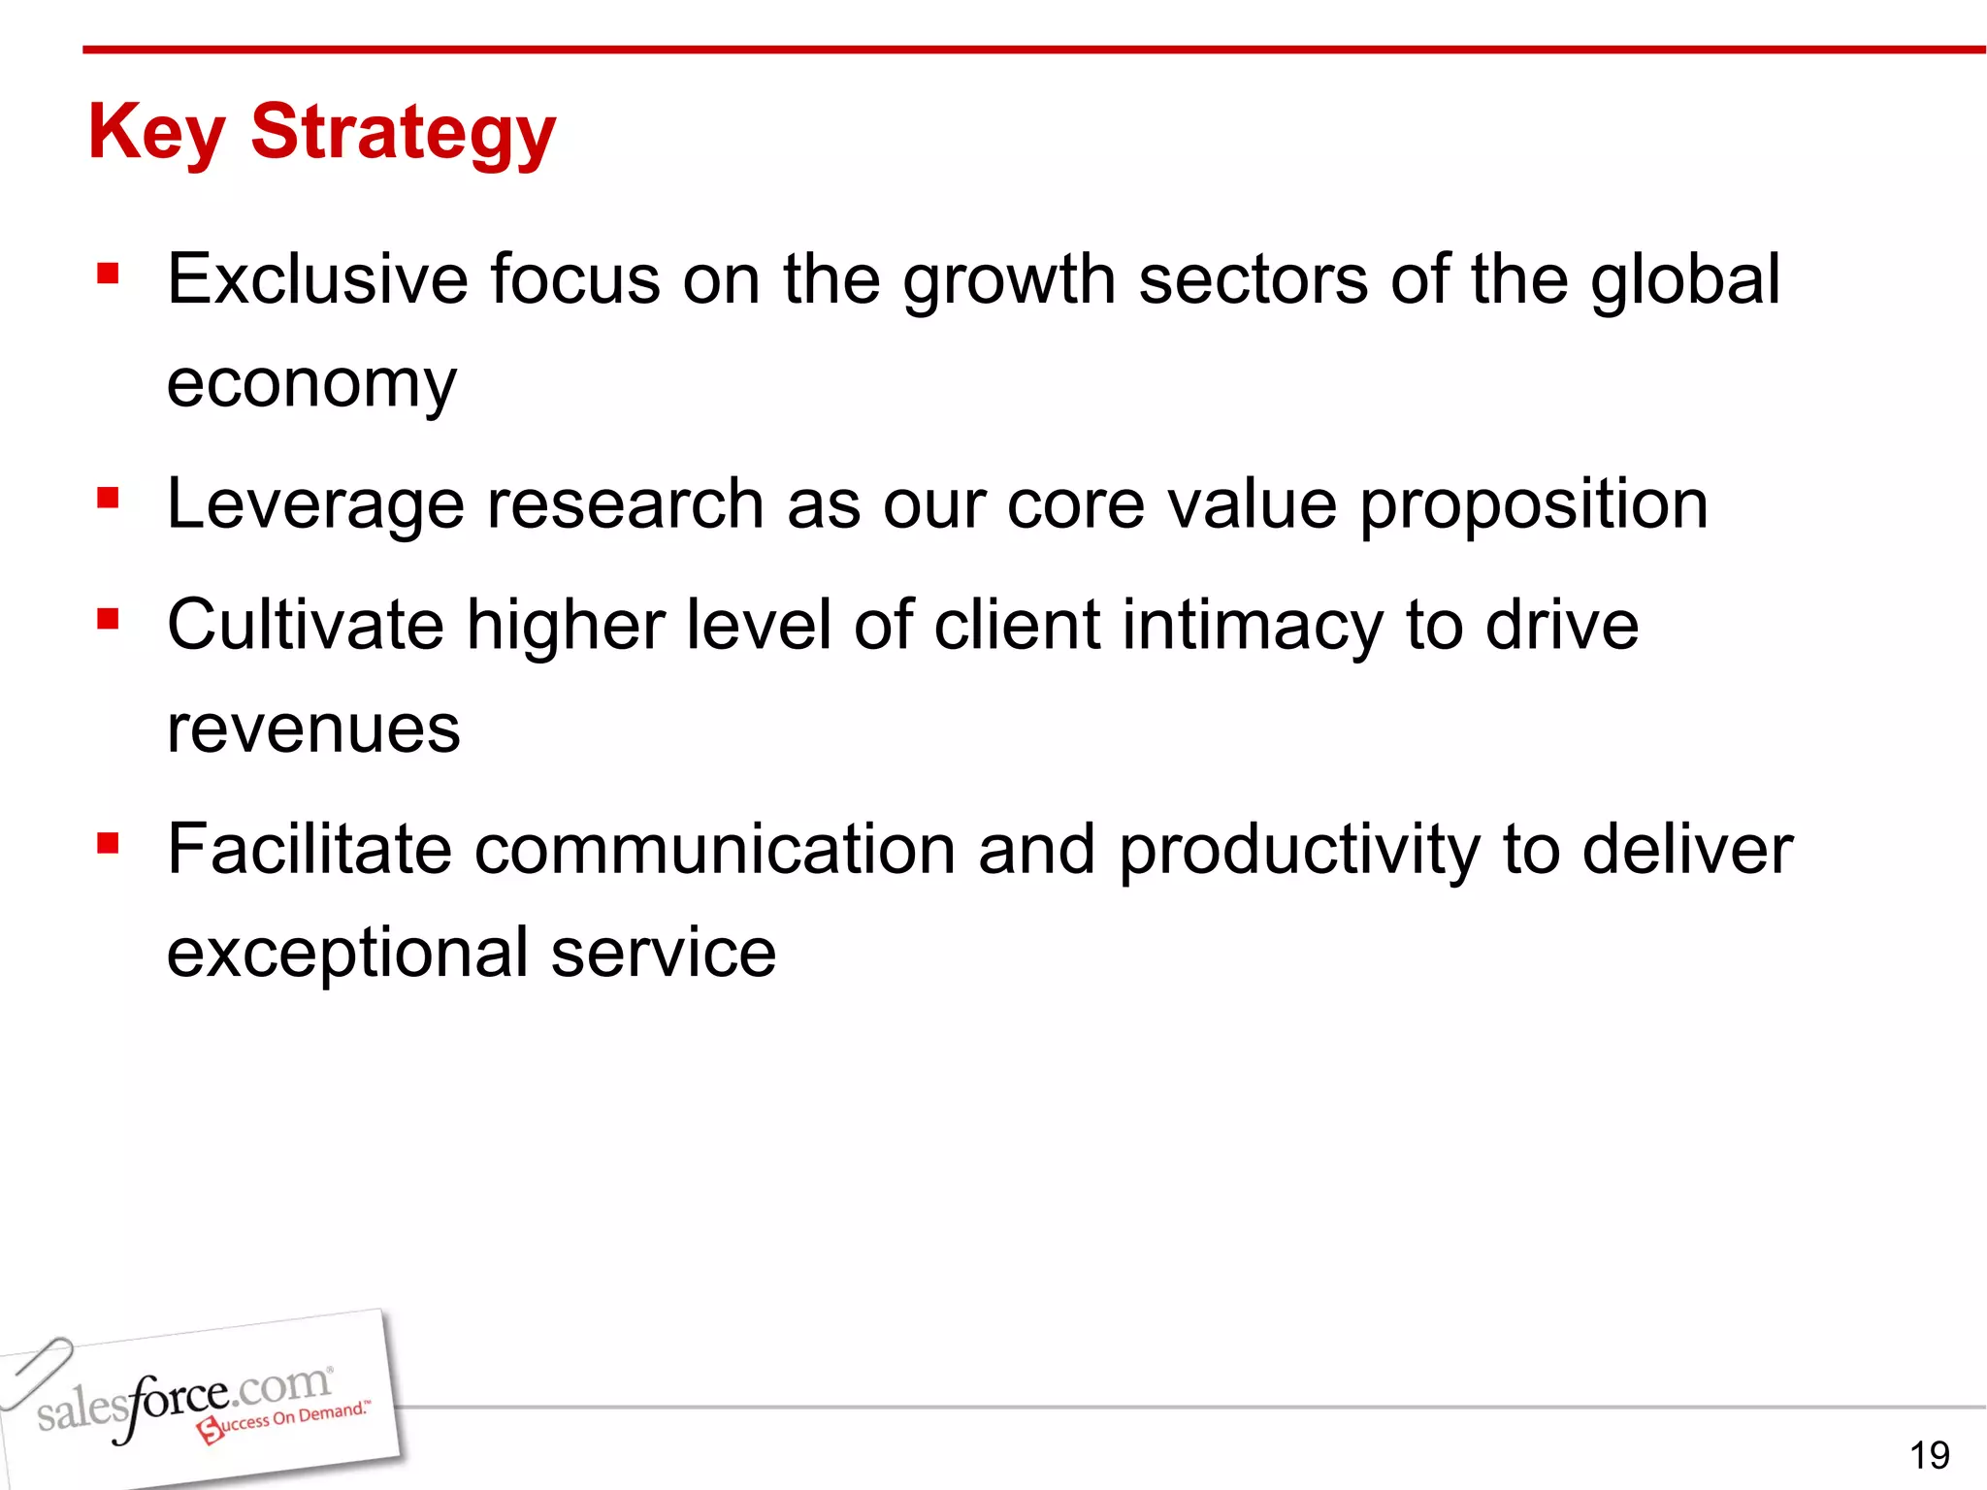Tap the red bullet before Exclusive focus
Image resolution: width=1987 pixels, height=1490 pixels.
[x=108, y=275]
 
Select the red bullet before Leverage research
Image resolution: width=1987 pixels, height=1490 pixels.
[x=108, y=500]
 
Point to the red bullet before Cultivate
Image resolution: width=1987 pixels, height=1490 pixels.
[x=108, y=619]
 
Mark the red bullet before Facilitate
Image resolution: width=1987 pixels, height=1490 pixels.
[x=108, y=844]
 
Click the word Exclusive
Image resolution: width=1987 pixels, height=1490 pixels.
[x=318, y=279]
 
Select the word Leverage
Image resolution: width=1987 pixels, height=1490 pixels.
[x=315, y=506]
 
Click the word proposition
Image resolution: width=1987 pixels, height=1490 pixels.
[x=1533, y=506]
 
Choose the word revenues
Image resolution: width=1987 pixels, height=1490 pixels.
[x=312, y=729]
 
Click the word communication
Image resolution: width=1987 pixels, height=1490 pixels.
[x=715, y=850]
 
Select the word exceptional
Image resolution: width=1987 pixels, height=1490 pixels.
[x=347, y=954]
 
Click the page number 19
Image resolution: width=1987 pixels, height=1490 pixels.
[x=1929, y=1455]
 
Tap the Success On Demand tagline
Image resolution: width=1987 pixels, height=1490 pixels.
[x=286, y=1420]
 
